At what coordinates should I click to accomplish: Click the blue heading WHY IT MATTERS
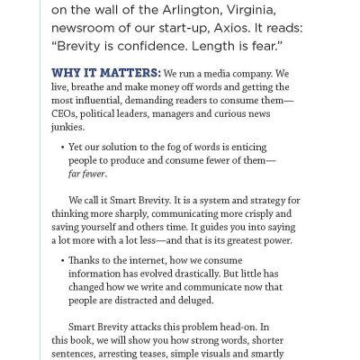point(112,73)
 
